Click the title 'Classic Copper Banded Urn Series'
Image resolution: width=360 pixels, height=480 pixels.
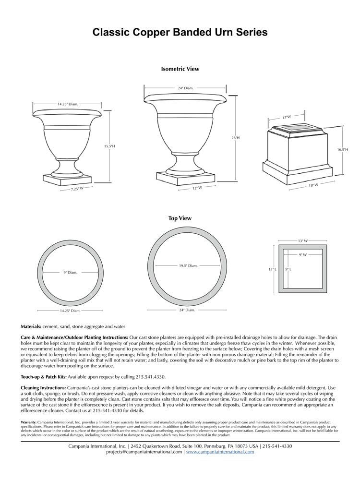[180, 33]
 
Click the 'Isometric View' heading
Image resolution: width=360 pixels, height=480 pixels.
[180, 69]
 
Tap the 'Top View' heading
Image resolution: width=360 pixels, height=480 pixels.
[180, 218]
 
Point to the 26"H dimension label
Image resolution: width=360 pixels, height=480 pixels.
[235, 138]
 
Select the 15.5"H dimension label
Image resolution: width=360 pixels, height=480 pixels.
[110, 146]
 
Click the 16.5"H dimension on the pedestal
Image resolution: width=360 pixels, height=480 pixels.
[342, 150]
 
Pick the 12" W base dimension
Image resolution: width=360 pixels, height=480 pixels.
[197, 188]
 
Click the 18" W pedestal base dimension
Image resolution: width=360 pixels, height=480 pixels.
[313, 185]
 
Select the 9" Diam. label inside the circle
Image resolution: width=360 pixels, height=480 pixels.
[70, 273]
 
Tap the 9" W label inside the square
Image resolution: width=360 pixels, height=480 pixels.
[302, 254]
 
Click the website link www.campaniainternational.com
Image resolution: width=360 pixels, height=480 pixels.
[220, 452]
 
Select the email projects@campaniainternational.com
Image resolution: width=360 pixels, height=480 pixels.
[144, 452]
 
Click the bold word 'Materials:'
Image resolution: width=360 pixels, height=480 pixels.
[31, 326]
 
